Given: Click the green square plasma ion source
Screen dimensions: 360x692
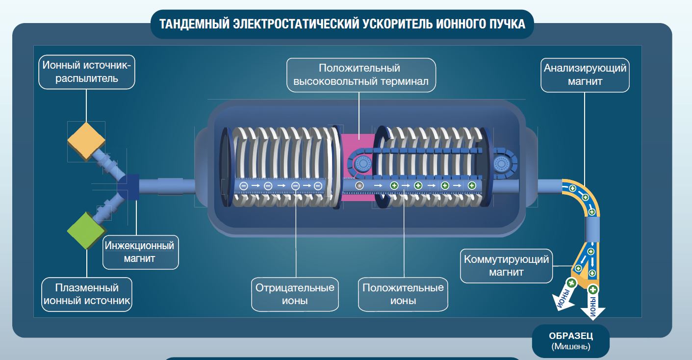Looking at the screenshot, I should point(86,230).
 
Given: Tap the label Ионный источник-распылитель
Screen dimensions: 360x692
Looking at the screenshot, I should point(87,72).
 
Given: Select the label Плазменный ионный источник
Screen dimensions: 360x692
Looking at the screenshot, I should point(87,293).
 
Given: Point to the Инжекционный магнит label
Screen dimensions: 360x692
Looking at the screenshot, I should point(140,252).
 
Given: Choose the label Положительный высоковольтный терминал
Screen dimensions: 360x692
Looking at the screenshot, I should point(361,75).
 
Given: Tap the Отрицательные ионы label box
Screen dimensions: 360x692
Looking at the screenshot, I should point(295,294).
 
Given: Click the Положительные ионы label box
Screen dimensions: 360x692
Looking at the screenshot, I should point(403,294).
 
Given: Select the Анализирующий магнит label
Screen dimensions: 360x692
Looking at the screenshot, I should point(585,75).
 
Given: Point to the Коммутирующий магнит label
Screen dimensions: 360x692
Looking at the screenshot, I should point(506,265).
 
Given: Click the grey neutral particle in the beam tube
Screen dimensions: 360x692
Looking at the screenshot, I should point(359,186).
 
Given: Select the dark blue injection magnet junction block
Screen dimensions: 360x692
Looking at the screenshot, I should point(129,187).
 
